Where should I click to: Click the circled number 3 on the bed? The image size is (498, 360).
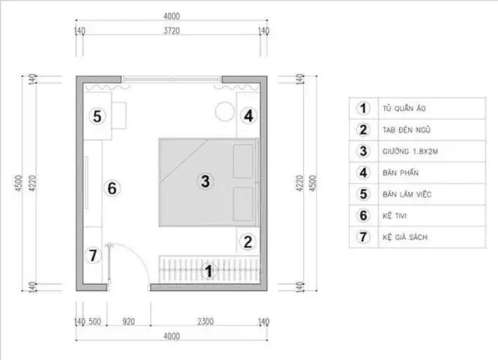pyautogui.click(x=205, y=181)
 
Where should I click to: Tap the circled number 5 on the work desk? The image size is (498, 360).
pyautogui.click(x=97, y=116)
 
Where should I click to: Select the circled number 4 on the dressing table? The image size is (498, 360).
pyautogui.click(x=248, y=115)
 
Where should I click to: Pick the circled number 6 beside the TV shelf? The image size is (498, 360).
pyautogui.click(x=112, y=188)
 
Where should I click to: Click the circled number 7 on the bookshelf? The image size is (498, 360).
pyautogui.click(x=93, y=255)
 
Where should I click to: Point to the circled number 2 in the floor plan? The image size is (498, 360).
pyautogui.click(x=247, y=241)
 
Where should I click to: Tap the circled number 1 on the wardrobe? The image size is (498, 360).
pyautogui.click(x=208, y=271)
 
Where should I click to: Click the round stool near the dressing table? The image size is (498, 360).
pyautogui.click(x=225, y=111)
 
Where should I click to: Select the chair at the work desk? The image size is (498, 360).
pyautogui.click(x=118, y=115)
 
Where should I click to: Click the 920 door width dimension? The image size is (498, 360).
pyautogui.click(x=129, y=322)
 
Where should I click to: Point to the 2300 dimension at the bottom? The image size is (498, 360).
pyautogui.click(x=205, y=322)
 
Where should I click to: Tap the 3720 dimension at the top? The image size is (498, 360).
pyautogui.click(x=172, y=31)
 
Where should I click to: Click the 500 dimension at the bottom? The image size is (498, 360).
pyautogui.click(x=94, y=322)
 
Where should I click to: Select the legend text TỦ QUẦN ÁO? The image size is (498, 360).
pyautogui.click(x=404, y=108)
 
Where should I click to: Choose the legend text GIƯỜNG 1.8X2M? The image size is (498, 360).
pyautogui.click(x=410, y=151)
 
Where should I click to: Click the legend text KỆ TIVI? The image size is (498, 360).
pyautogui.click(x=394, y=216)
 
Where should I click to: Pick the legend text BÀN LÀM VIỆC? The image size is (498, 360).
pyautogui.click(x=406, y=194)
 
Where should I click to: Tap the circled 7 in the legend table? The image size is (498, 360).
pyautogui.click(x=363, y=237)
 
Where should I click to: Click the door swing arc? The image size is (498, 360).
pyautogui.click(x=139, y=256)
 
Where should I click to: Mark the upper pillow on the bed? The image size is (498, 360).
pyautogui.click(x=243, y=161)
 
